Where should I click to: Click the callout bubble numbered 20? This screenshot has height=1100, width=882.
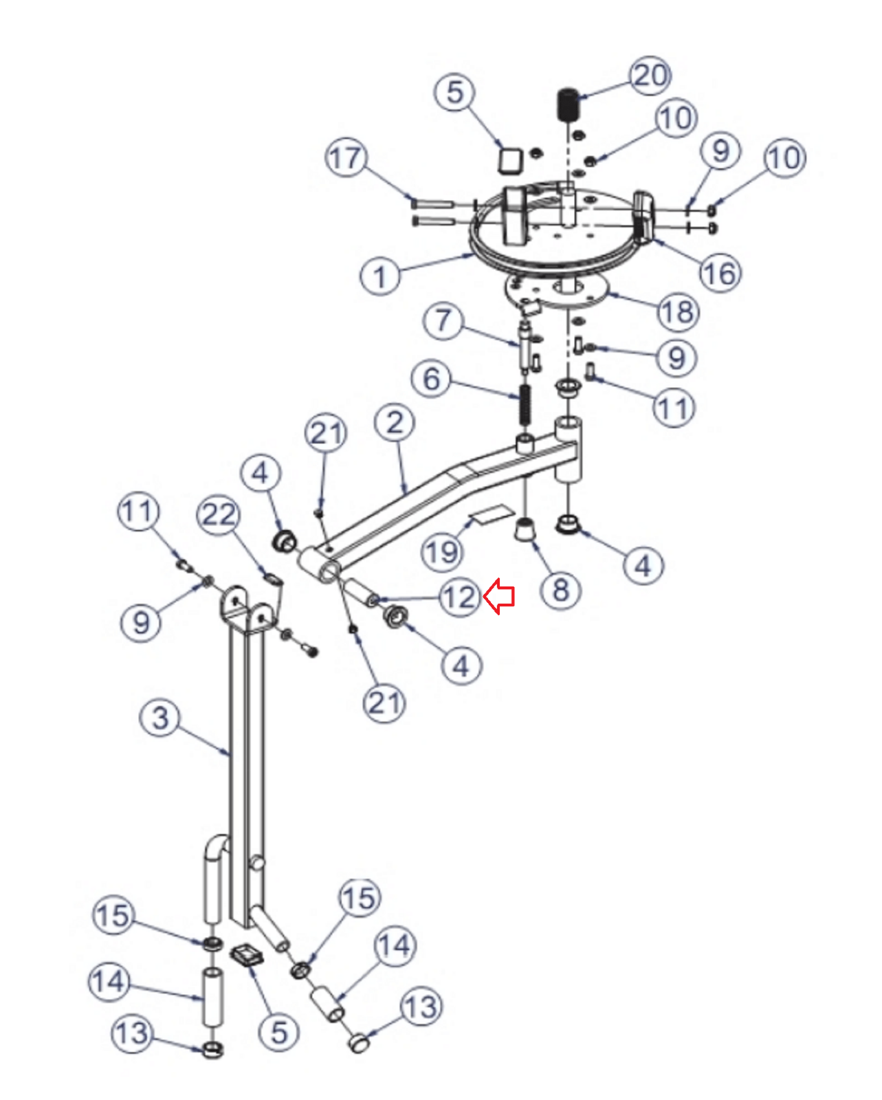click(x=650, y=76)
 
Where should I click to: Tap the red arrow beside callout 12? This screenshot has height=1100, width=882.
click(x=499, y=596)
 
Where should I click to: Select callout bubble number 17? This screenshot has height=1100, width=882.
click(x=346, y=157)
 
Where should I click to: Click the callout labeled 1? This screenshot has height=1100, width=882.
click(x=380, y=276)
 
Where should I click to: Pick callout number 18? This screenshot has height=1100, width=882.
click(x=678, y=311)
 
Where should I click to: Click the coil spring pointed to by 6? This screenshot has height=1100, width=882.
click(x=525, y=404)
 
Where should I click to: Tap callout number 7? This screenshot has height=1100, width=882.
click(x=443, y=321)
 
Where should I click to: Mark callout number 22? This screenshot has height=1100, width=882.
click(x=219, y=515)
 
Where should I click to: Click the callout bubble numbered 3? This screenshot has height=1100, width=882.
click(x=160, y=718)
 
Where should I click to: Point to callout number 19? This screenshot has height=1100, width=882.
click(x=442, y=551)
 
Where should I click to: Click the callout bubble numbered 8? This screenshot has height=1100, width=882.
click(x=561, y=591)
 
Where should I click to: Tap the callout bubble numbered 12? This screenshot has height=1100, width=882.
click(x=460, y=597)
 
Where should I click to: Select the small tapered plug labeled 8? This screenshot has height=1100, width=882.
click(x=525, y=529)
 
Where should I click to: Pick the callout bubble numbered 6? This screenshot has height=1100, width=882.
click(x=432, y=379)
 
